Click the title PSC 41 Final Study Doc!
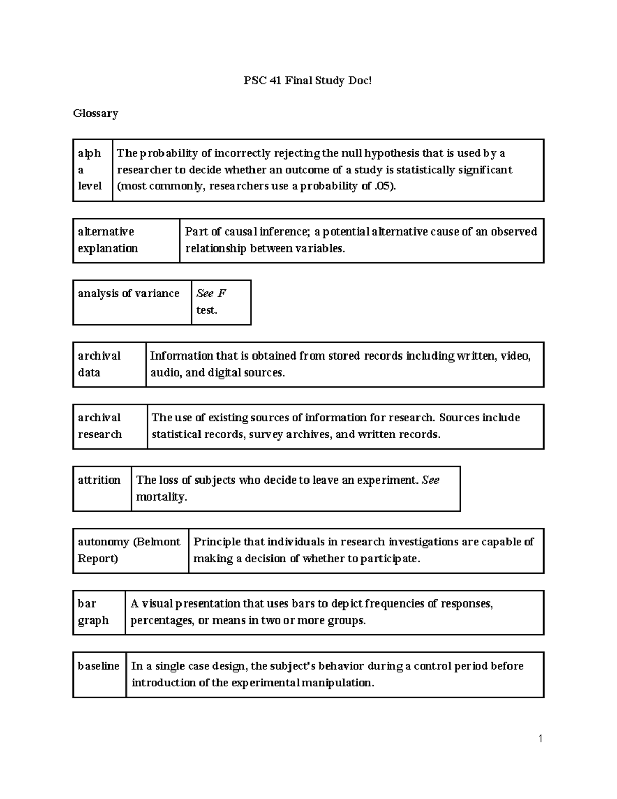pos(307,81)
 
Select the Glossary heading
pos(96,113)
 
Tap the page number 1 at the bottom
pos(540,739)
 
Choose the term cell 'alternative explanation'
pos(108,240)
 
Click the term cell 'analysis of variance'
pos(129,294)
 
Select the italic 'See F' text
pos(211,294)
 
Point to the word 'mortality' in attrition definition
pos(160,497)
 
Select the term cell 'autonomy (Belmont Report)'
pos(129,550)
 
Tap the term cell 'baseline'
pos(99,666)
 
